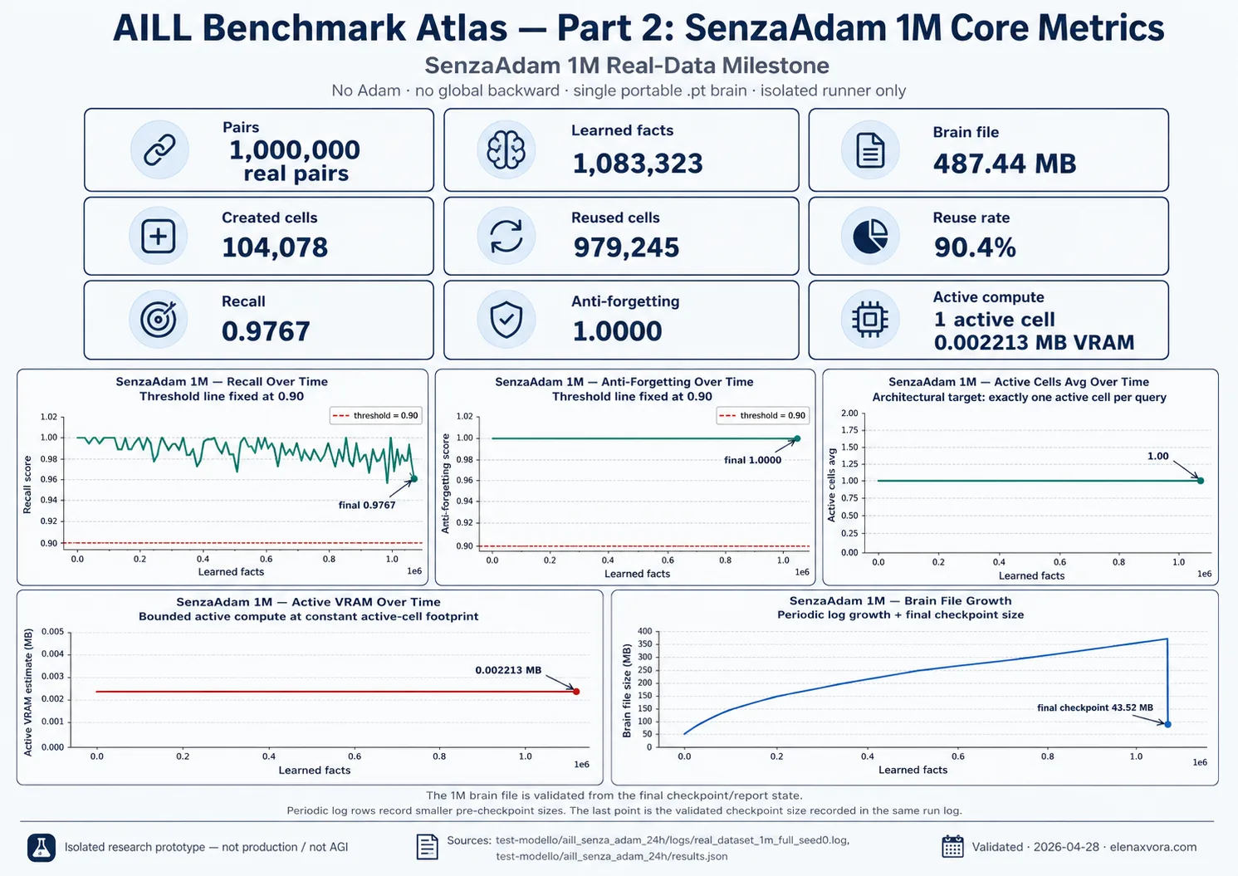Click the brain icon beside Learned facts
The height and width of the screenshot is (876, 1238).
tap(506, 149)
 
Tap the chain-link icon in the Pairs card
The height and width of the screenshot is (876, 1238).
tap(159, 149)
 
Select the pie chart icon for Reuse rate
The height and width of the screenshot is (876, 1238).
tap(870, 236)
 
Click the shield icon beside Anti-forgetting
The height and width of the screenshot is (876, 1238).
tap(506, 320)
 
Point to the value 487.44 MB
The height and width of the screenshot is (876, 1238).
tap(1005, 164)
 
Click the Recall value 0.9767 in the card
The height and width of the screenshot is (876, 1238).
tap(266, 331)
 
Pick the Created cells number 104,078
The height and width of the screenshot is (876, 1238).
tap(275, 247)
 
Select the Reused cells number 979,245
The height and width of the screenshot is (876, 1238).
tap(626, 247)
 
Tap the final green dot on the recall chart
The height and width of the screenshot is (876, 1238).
tap(414, 478)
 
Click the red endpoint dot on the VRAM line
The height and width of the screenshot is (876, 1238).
tap(576, 692)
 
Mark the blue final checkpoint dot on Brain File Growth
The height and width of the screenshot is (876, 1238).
tap(1167, 724)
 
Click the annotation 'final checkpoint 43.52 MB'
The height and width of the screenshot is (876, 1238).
tap(1095, 707)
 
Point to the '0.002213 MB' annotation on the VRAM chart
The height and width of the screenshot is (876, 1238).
tap(508, 670)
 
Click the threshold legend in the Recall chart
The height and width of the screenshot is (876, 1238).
tap(376, 416)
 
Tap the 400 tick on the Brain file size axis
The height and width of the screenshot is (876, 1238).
tap(645, 631)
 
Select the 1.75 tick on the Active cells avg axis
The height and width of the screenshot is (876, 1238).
tap(849, 430)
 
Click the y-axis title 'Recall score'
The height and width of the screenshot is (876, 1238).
tap(27, 485)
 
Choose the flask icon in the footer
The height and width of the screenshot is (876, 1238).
tap(42, 847)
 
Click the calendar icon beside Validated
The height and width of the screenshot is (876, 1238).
tap(952, 846)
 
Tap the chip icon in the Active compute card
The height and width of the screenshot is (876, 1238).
tap(870, 319)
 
